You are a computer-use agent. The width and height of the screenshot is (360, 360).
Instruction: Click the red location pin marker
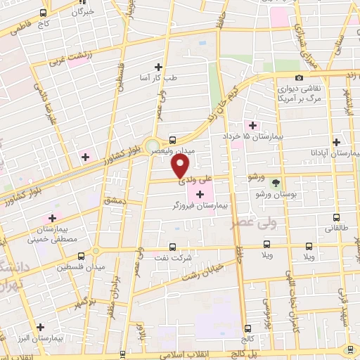point(181,166)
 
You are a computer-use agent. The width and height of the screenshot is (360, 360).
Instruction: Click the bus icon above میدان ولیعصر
point(174,139)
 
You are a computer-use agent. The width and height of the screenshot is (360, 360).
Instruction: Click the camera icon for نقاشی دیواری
point(300,77)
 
